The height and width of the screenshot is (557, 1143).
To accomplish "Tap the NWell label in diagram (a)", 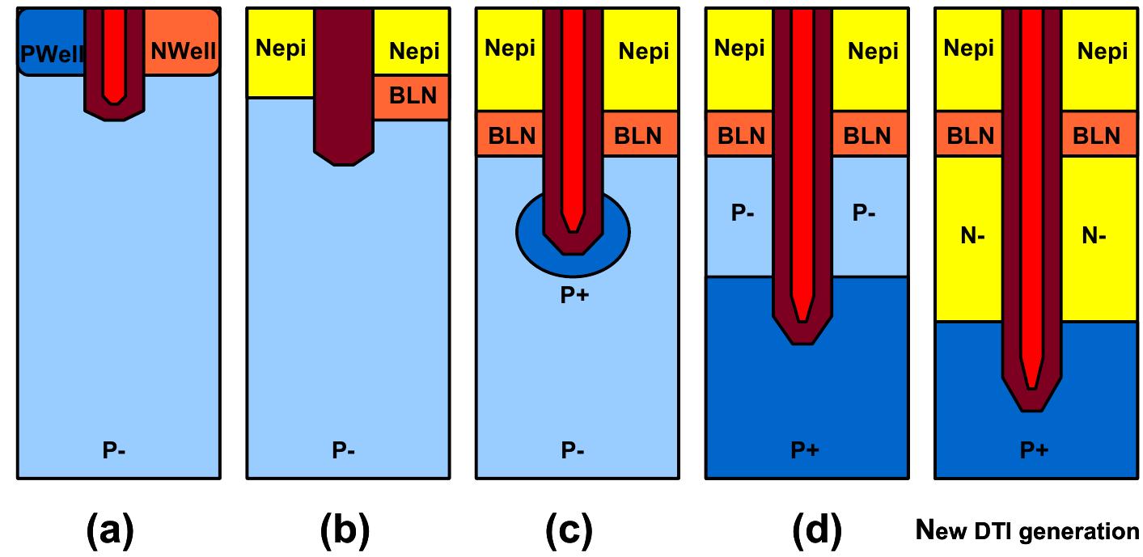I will tap(184, 53).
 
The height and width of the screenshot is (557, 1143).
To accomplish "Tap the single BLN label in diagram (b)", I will tap(413, 96).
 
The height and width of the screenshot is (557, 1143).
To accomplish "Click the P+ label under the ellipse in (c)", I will tap(574, 296).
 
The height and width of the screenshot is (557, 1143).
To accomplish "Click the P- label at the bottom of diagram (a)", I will tap(116, 450).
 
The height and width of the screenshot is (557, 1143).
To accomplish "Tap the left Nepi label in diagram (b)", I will tap(281, 49).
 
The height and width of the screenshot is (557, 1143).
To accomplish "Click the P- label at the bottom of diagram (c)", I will tap(574, 450).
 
